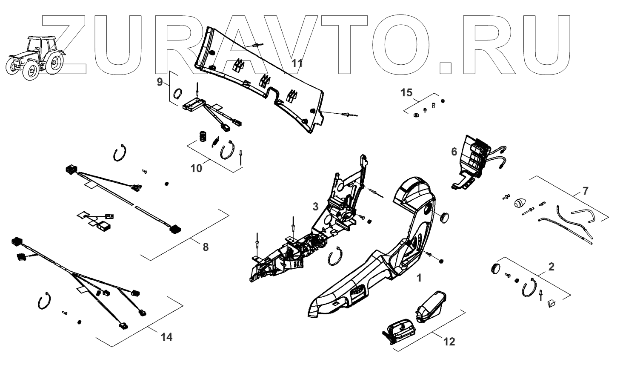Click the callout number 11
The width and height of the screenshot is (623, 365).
297,63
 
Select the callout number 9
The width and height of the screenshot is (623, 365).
160,82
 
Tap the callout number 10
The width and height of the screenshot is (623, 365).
197,168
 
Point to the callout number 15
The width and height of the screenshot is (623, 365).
407,92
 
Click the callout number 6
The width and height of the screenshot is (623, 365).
454,151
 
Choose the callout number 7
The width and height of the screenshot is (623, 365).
586,191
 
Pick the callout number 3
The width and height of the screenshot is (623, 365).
315,207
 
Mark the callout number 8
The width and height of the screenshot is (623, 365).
206,247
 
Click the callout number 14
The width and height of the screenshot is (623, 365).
167,337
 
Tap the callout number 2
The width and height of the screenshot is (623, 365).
552,267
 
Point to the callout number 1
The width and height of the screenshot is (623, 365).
419,278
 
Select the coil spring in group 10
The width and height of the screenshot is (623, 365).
203,137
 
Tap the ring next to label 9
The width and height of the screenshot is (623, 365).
179,92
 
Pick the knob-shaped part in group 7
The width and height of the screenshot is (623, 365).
520,203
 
